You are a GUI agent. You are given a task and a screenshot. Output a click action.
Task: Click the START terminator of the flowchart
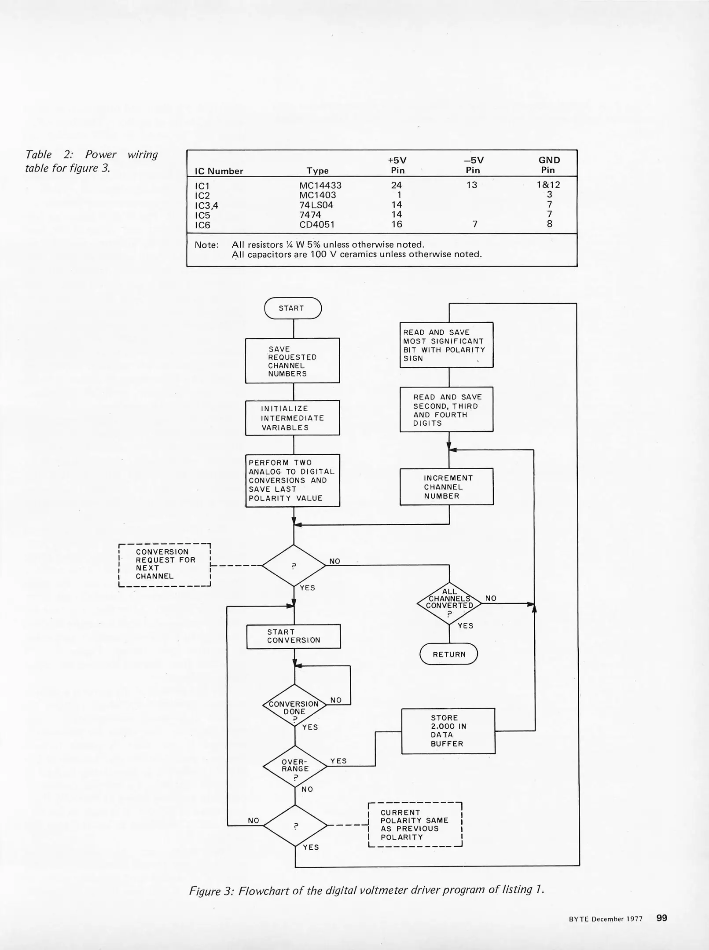pos(293,308)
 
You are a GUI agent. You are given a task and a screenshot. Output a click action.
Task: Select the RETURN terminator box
pos(448,654)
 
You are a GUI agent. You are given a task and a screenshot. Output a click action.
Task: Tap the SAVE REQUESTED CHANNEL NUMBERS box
pos(292,361)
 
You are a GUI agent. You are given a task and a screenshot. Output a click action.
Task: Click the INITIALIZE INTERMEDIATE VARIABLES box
pos(292,418)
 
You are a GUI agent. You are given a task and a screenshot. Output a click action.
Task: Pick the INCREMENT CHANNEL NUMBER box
pos(446,486)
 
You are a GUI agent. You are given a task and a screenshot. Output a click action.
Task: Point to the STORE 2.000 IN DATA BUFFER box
pos(448,731)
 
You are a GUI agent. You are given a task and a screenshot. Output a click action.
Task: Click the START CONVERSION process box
pos(294,636)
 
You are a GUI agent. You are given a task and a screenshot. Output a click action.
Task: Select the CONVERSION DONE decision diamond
pos(294,705)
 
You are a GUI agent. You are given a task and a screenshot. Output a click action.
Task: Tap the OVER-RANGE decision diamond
pos(295,766)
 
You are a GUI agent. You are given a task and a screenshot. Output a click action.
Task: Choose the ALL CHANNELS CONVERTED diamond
pos(449,603)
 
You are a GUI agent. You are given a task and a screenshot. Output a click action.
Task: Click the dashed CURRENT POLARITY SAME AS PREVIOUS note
pos(415,825)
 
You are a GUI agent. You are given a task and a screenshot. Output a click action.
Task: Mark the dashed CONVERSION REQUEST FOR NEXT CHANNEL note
pos(165,565)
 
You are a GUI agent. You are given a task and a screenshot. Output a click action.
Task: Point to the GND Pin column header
pos(549,165)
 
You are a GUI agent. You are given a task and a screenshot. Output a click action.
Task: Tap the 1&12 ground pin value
pos(548,185)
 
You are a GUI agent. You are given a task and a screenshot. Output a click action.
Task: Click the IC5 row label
pos(202,216)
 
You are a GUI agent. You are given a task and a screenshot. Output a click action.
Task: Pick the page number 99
pos(661,918)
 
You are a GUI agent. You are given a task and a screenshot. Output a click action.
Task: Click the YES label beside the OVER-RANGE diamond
pos(338,761)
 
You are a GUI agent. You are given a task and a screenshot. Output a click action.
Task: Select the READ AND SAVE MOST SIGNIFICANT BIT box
pos(446,345)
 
